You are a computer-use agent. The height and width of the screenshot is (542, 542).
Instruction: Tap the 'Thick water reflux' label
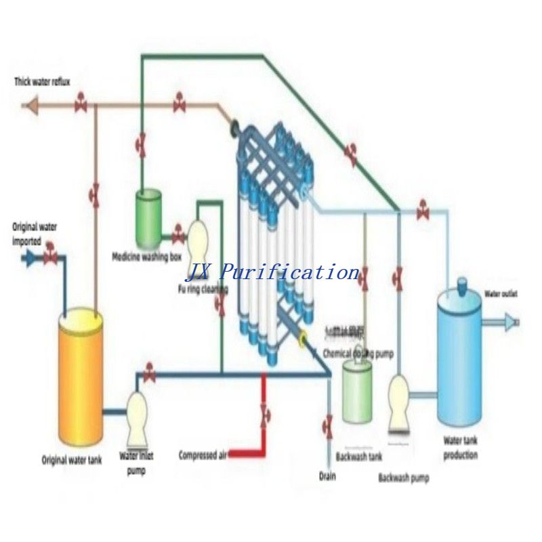click(43, 82)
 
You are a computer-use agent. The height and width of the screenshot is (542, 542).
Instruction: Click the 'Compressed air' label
click(202, 455)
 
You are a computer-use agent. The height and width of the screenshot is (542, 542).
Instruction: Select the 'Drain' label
click(327, 476)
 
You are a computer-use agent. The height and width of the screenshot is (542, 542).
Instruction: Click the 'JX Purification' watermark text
click(272, 272)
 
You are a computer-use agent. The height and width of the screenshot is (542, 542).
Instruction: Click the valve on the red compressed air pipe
click(264, 414)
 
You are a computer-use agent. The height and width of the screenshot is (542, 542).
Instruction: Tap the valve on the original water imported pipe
click(49, 257)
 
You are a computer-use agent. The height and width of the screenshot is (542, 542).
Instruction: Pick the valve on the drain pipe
click(328, 427)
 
